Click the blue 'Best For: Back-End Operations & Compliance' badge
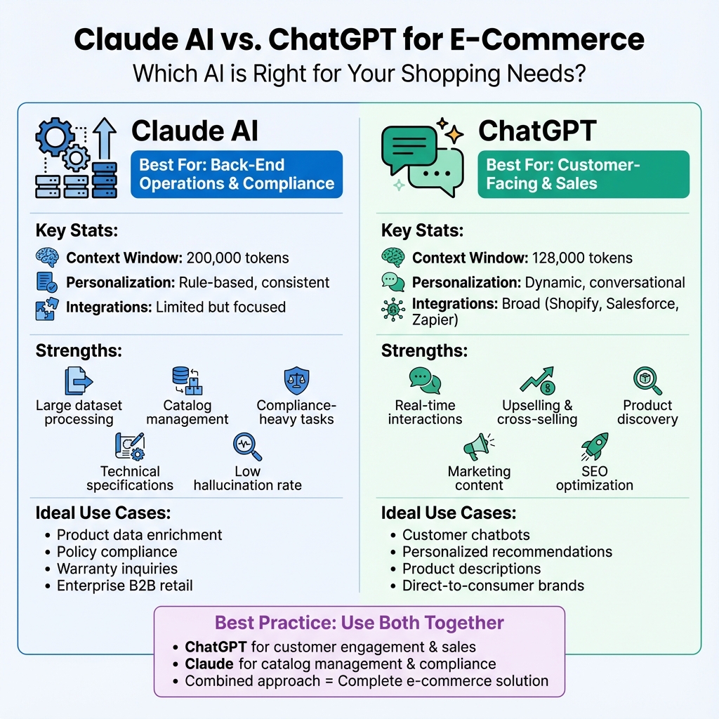[237, 174]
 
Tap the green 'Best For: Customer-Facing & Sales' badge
[583, 174]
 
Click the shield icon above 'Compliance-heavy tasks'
[296, 381]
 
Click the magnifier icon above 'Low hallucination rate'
[247, 447]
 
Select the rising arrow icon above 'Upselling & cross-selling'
[537, 381]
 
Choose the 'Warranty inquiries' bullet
[117, 569]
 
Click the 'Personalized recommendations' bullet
[507, 552]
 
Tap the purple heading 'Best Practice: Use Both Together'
[359, 623]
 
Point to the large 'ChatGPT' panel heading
[537, 131]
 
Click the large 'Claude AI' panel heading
[194, 131]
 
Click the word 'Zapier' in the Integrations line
[435, 320]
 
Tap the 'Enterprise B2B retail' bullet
[125, 586]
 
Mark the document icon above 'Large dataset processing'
[78, 381]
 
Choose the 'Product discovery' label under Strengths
[647, 412]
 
